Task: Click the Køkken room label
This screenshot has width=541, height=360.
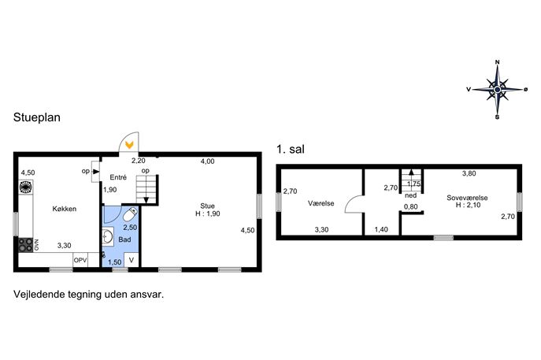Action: [x=64, y=209]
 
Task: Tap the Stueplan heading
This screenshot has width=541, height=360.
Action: [x=37, y=117]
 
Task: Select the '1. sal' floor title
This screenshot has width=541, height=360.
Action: [x=291, y=150]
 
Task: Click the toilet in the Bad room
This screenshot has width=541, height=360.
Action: [x=131, y=214]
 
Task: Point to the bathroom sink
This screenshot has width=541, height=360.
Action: [x=108, y=237]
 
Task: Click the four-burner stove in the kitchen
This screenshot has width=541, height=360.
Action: [x=25, y=245]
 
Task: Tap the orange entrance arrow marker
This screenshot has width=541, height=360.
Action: [x=129, y=145]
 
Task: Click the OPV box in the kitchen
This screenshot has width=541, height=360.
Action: [x=80, y=260]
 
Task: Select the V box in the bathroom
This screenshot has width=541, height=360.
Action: [x=132, y=260]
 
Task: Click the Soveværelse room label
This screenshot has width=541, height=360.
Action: [x=467, y=198]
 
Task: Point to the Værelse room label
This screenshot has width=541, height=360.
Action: [x=321, y=203]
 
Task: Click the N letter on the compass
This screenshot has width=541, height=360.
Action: [x=497, y=62]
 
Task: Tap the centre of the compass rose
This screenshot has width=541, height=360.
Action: [x=497, y=90]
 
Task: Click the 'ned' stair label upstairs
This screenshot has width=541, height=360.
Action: [x=410, y=195]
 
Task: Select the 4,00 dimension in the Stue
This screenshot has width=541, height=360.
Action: [x=207, y=161]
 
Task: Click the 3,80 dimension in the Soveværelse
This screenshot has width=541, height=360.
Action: [x=469, y=173]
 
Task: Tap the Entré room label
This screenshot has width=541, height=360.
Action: [x=118, y=177]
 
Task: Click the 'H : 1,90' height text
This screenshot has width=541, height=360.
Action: [x=207, y=213]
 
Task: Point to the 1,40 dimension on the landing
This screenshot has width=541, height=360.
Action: [x=381, y=229]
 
